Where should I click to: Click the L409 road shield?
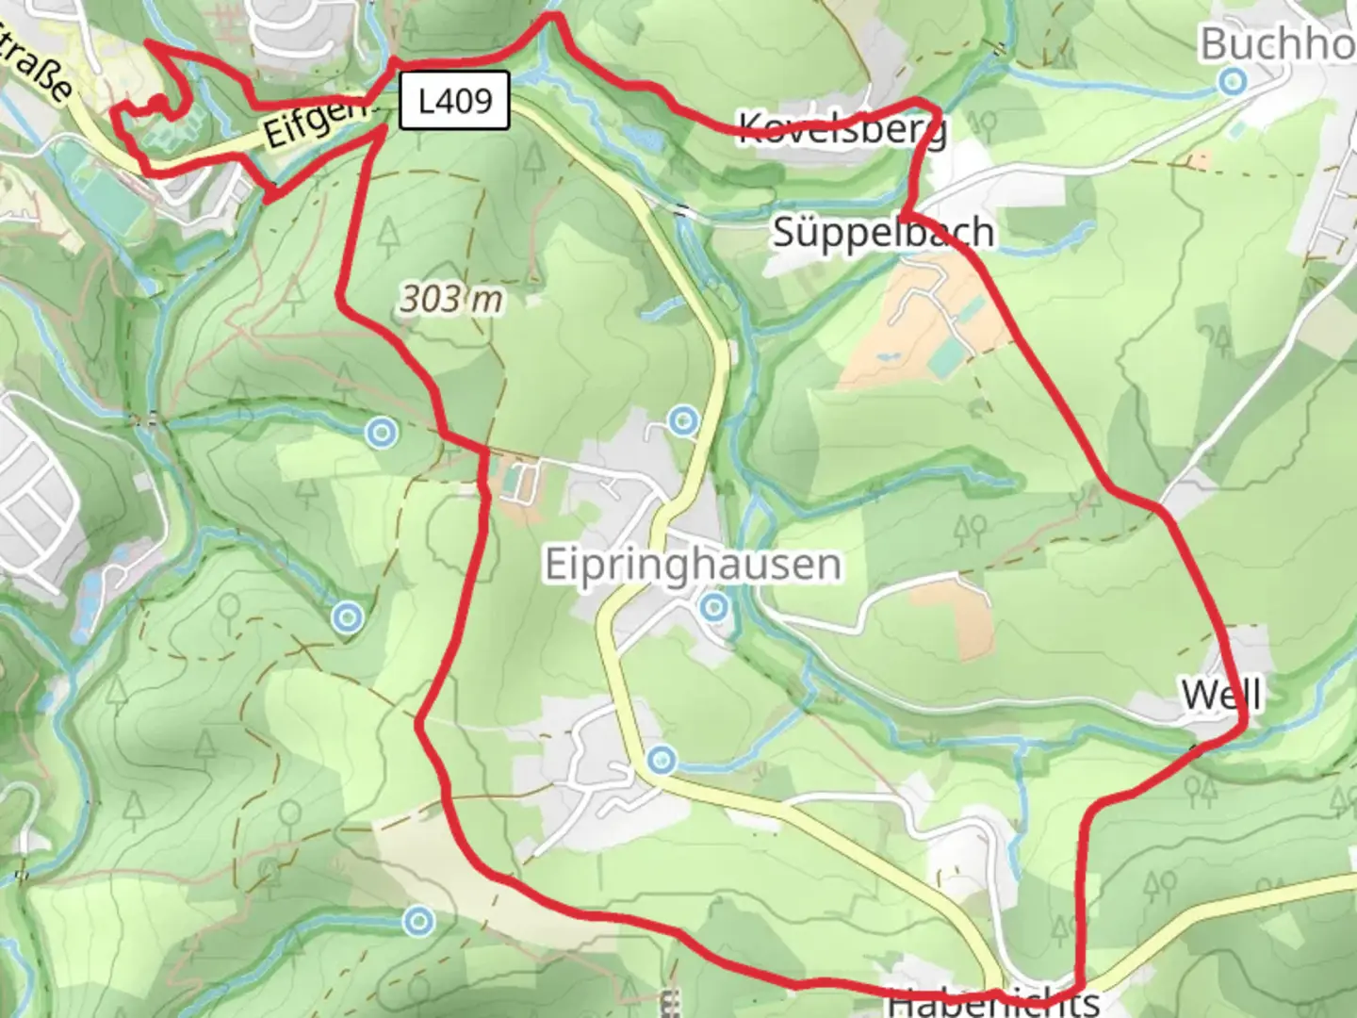click(455, 100)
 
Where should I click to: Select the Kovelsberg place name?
click(842, 127)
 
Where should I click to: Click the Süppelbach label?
click(883, 232)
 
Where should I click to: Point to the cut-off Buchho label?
click(1277, 43)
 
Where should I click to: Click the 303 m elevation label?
click(451, 300)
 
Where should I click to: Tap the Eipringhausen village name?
click(694, 565)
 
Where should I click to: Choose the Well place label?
click(1220, 695)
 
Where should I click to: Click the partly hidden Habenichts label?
click(993, 1003)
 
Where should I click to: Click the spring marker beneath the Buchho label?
click(1232, 82)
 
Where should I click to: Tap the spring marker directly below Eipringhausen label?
click(714, 607)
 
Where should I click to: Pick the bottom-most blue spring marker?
click(417, 921)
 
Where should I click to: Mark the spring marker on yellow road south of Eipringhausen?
click(662, 759)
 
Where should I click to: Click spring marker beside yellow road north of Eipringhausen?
click(683, 420)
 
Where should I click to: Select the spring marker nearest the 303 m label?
click(381, 433)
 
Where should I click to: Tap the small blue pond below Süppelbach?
click(885, 358)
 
